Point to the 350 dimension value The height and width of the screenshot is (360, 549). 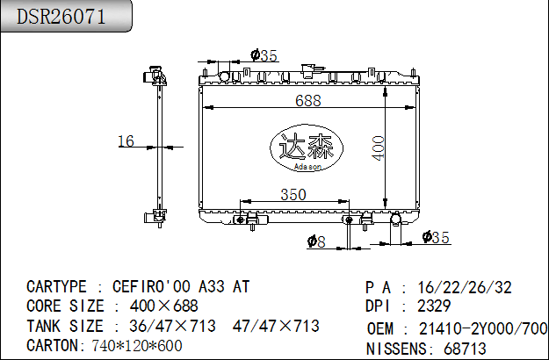293,194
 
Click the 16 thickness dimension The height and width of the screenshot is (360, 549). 126,140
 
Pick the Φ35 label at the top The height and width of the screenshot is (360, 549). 264,55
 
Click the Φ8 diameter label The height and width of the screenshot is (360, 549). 316,241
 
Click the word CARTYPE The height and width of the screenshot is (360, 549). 57,287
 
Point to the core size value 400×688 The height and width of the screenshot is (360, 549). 164,306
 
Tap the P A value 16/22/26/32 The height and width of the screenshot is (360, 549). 466,287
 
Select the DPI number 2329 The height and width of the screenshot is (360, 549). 434,306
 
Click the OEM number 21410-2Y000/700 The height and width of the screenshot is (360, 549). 481,328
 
